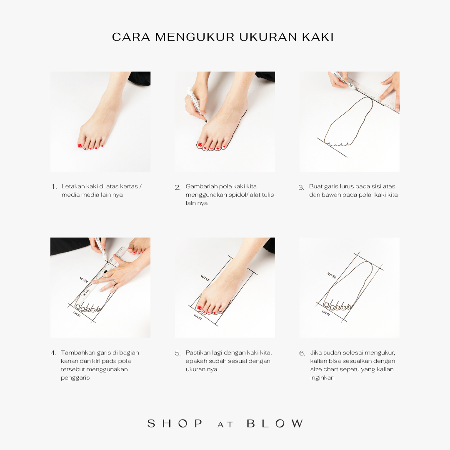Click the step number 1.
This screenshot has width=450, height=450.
(x=54, y=187)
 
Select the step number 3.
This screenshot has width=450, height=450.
(x=301, y=187)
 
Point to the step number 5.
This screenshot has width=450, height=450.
(x=178, y=353)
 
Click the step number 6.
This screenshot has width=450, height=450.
(x=302, y=353)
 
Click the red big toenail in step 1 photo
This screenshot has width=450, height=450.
(x=80, y=145)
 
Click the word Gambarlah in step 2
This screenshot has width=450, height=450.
(x=201, y=186)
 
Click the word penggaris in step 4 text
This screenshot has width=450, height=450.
(x=75, y=378)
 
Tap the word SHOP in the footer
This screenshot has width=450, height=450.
(x=175, y=423)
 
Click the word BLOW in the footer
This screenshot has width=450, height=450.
(x=275, y=423)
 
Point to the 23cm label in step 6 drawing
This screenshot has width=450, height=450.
(x=332, y=275)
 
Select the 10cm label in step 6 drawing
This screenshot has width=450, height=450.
(x=326, y=312)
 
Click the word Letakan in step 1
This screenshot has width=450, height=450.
(x=73, y=186)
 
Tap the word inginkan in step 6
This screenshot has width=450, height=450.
(x=322, y=377)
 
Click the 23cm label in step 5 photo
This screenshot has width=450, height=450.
(x=205, y=277)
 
